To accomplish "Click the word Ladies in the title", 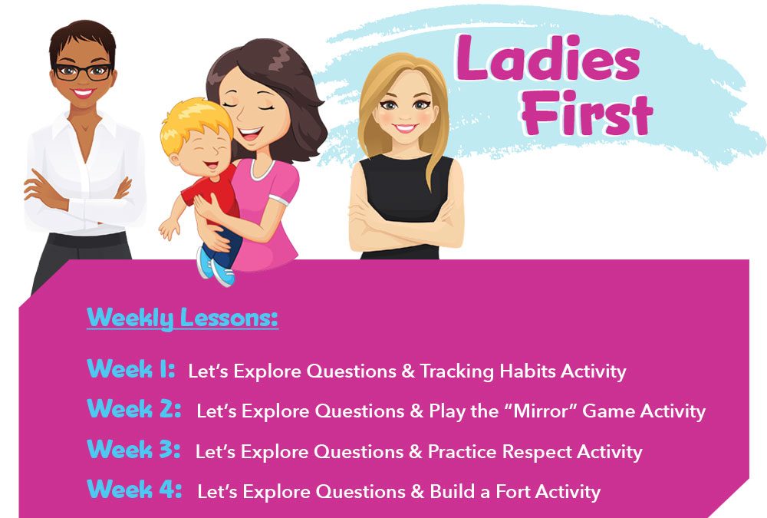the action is tap(548, 58).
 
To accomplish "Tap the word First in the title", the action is tap(587, 114).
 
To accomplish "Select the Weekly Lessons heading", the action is tap(183, 318).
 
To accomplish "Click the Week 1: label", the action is tap(130, 368).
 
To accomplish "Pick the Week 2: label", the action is tap(134, 409).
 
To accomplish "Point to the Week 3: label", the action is tap(133, 450).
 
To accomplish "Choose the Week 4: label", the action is tap(134, 489).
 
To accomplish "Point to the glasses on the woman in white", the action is tap(83, 72).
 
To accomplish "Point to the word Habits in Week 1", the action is tap(528, 371).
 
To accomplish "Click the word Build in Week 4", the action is tap(452, 491).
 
